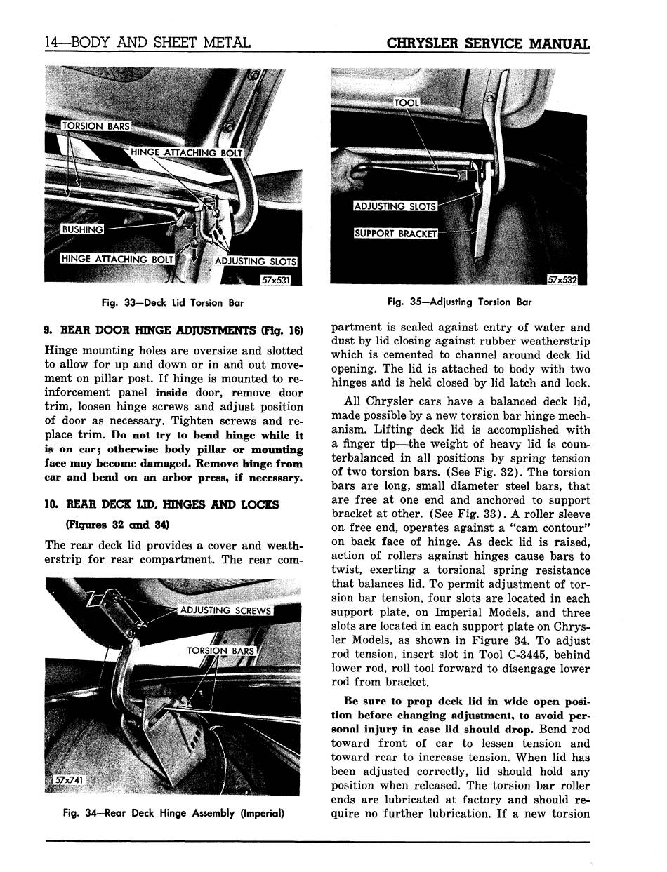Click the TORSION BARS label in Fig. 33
tap(96, 126)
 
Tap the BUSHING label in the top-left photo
tap(82, 229)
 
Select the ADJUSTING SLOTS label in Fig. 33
tap(255, 262)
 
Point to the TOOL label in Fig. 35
tap(407, 102)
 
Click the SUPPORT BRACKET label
tap(395, 233)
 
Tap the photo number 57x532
tap(562, 280)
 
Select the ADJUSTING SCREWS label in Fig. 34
tap(225, 610)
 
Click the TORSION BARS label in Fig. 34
tap(220, 650)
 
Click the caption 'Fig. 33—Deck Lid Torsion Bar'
tap(173, 303)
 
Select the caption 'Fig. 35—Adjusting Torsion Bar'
tap(459, 302)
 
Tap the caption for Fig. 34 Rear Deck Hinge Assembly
tap(173, 814)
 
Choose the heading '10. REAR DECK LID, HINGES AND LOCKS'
tap(161, 504)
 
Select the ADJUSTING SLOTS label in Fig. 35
tap(395, 206)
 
